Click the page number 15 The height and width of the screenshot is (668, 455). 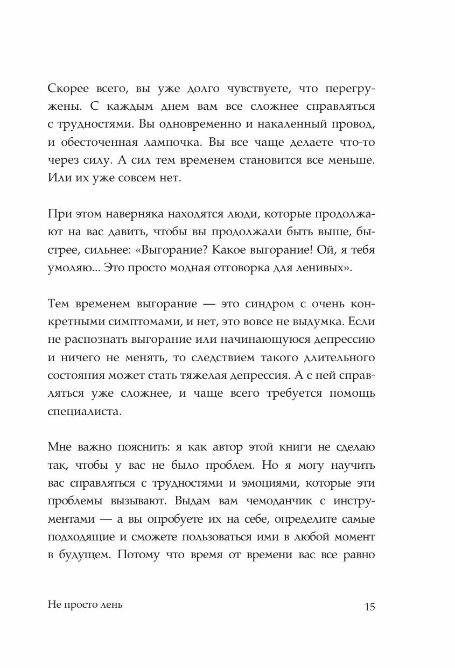369,606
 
